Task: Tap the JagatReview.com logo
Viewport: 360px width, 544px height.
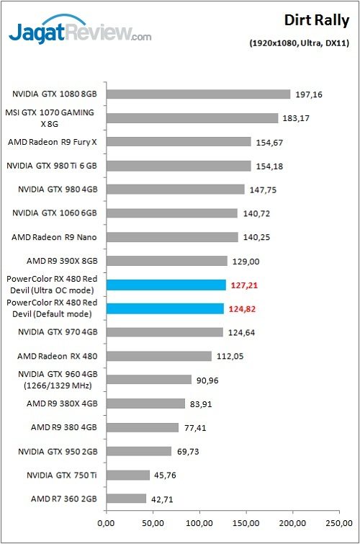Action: coord(79,32)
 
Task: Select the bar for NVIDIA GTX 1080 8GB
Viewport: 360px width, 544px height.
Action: coord(198,94)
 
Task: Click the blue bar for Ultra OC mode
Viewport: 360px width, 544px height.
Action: coord(166,285)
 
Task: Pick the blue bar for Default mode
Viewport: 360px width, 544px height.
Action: coord(165,308)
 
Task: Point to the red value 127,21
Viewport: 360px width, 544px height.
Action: coord(244,285)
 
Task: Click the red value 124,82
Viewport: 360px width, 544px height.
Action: coord(243,308)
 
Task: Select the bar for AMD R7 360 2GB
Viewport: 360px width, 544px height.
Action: coord(126,499)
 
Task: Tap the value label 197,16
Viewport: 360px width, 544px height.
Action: coord(308,94)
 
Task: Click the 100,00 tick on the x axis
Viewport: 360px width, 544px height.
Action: coord(199,523)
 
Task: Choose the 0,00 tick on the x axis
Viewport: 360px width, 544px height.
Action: coord(106,523)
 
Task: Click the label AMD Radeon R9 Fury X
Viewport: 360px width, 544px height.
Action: coord(52,142)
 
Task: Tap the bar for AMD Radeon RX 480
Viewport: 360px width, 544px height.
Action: coord(158,356)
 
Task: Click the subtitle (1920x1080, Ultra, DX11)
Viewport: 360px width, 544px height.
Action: coord(300,43)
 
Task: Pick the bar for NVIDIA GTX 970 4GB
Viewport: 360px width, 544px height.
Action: coord(164,332)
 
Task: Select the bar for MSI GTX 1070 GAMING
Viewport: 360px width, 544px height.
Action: coord(192,118)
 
